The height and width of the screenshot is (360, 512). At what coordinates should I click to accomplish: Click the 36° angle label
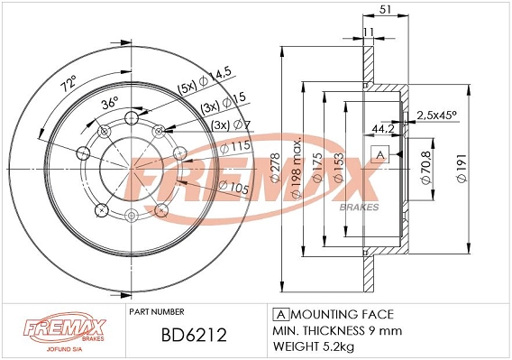110,103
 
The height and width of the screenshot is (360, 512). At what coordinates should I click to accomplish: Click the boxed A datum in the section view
380,154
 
